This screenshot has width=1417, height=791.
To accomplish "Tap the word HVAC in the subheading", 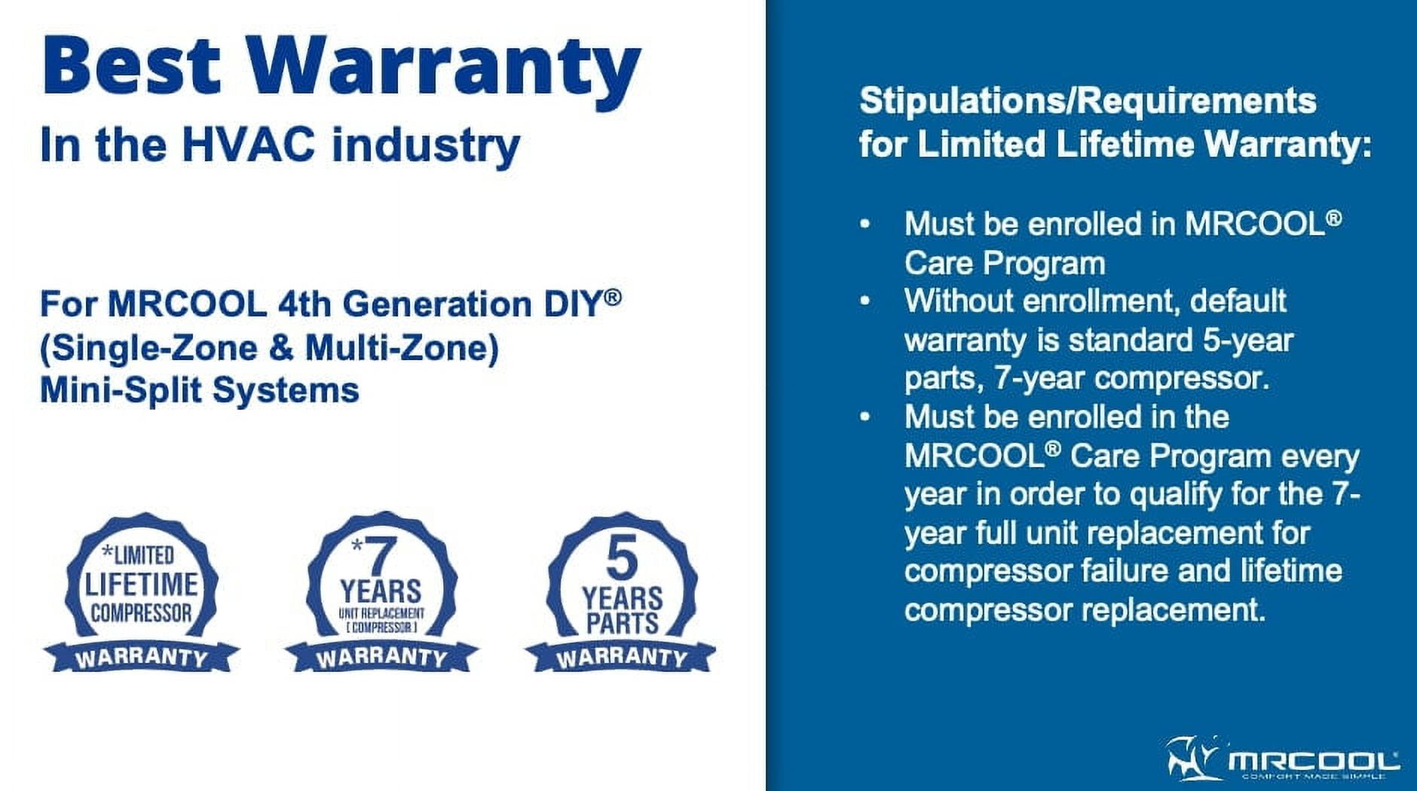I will point(249,144).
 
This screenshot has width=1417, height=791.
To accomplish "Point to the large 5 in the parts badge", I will point(622,559).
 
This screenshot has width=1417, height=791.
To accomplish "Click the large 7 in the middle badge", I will point(381,557).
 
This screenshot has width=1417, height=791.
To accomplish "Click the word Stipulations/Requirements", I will point(1088,101).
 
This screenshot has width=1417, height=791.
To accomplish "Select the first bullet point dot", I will point(865,224).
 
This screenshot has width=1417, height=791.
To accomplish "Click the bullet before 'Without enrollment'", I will point(865,301).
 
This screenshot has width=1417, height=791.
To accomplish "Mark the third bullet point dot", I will point(865,417).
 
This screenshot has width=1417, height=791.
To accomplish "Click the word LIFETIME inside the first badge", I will point(141,584).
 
